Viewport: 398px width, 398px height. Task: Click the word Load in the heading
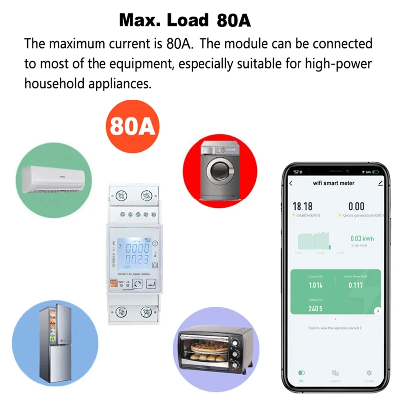tap(188, 20)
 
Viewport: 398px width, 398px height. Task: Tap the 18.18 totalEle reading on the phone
tap(302, 206)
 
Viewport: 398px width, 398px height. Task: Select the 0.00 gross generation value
tap(356, 206)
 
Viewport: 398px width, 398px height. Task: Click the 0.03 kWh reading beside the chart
tap(362, 239)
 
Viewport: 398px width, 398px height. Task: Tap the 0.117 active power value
tap(355, 285)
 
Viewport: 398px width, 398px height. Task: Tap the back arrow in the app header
tap(291, 183)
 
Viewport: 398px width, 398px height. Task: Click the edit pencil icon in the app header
tap(381, 183)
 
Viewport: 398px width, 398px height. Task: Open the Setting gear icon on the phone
tap(369, 373)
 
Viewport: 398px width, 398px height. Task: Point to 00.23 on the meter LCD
tap(136, 259)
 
